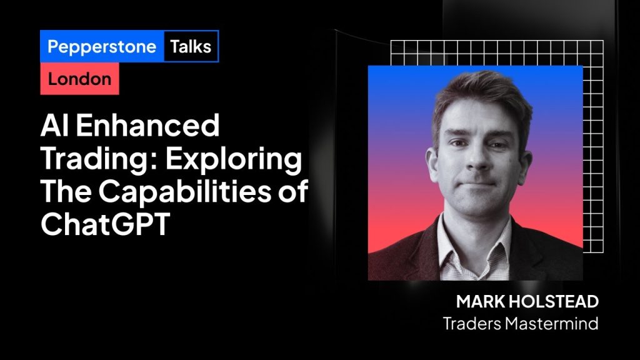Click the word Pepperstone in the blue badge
pos(102,47)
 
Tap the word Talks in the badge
pos(191,46)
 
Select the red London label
pos(79,79)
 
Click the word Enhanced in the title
pos(147,126)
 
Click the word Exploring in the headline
pos(234,159)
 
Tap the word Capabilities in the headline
pos(185,191)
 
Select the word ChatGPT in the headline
pos(105,224)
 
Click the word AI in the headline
pos(55,126)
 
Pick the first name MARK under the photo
pos(480,302)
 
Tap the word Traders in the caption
pos(472,324)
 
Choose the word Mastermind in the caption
pos(551,324)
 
